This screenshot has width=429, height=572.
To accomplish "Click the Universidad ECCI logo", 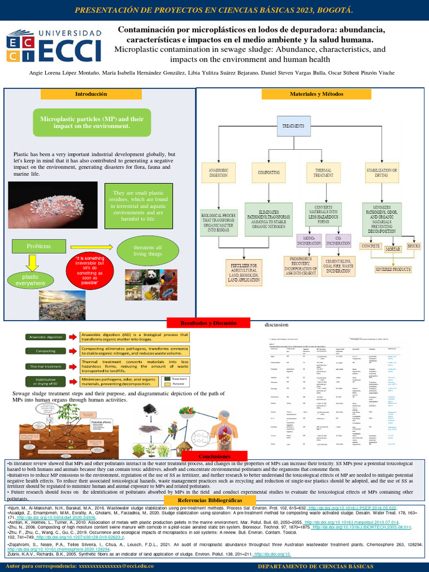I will (x=55, y=46).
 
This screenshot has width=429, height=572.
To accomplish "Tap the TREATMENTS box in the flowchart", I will (x=293, y=127).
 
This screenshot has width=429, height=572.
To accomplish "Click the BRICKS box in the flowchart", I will (x=414, y=246).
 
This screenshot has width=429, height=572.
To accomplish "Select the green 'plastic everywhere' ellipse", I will (x=30, y=280).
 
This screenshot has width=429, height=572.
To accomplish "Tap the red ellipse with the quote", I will (x=90, y=270).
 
